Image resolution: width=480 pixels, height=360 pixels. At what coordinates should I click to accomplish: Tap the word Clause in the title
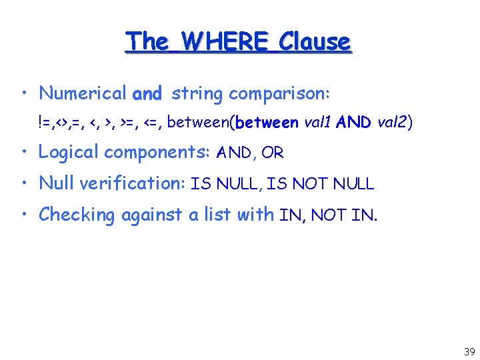pyautogui.click(x=315, y=41)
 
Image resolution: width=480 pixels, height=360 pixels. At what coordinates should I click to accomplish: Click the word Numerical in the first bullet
pyautogui.click(x=83, y=93)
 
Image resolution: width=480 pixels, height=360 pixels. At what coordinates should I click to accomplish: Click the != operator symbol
pyautogui.click(x=45, y=123)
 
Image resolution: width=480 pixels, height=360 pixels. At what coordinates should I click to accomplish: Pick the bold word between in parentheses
pyautogui.click(x=267, y=123)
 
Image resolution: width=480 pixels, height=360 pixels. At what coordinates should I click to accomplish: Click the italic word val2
pyautogui.click(x=393, y=123)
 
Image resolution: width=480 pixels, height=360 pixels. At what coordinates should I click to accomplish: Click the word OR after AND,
pyautogui.click(x=273, y=153)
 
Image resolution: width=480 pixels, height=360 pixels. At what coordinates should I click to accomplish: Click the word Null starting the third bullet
pyautogui.click(x=54, y=183)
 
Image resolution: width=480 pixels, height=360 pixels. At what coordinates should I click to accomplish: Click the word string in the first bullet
pyautogui.click(x=197, y=94)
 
